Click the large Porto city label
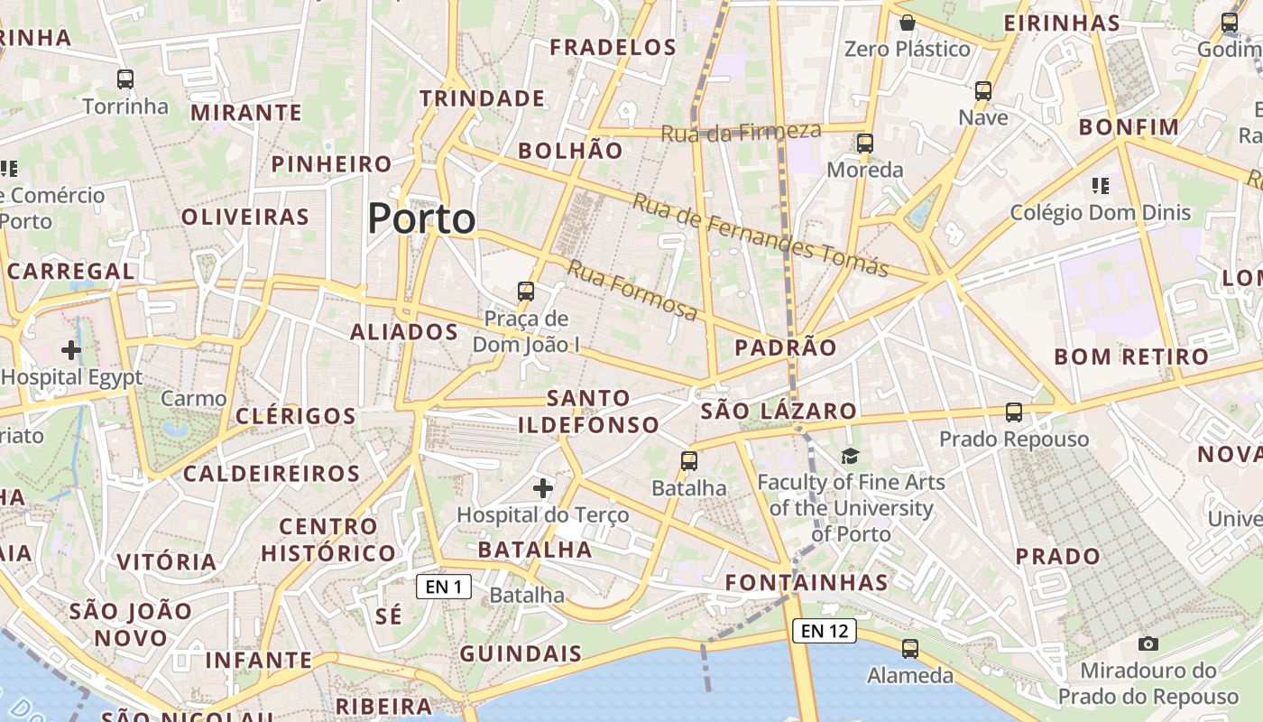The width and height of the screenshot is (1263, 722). (421, 219)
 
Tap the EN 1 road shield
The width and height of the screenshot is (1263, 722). (444, 588)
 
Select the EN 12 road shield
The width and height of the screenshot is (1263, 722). (824, 631)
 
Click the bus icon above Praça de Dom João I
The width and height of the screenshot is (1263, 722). (526, 292)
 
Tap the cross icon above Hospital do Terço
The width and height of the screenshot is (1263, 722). (543, 488)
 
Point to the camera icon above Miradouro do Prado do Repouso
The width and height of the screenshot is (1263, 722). (1148, 643)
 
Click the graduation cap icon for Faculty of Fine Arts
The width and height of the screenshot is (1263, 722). (850, 456)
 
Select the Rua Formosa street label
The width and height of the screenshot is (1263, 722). (631, 290)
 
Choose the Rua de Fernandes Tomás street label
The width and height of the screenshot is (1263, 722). (760, 235)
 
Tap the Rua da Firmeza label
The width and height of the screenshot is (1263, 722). (741, 132)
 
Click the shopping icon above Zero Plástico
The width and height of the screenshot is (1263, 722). (908, 22)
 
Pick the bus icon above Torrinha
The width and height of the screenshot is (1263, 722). (125, 79)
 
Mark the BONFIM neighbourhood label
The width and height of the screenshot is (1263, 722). (1129, 127)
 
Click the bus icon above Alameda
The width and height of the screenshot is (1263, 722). (910, 649)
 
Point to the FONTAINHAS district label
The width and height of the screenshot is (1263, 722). (807, 582)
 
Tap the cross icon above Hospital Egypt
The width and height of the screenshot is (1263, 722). (71, 350)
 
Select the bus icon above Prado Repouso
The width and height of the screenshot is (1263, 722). (1014, 412)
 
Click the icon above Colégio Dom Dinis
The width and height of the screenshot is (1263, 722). (1100, 186)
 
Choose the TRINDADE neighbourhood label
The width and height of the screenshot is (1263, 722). (482, 98)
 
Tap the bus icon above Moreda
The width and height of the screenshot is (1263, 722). (865, 143)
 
